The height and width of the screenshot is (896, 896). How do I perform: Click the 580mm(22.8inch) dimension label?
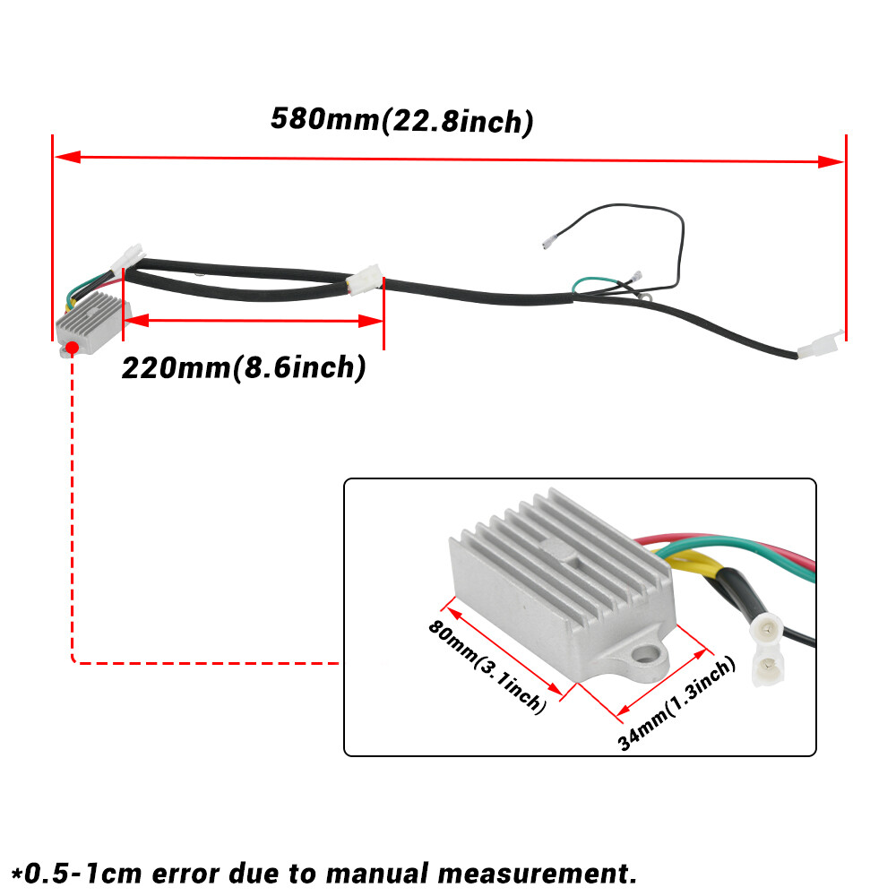[402, 120]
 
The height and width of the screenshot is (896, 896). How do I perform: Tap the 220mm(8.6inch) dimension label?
[244, 367]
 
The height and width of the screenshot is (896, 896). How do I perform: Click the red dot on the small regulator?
[70, 345]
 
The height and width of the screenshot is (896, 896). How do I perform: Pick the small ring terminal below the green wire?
[644, 292]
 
